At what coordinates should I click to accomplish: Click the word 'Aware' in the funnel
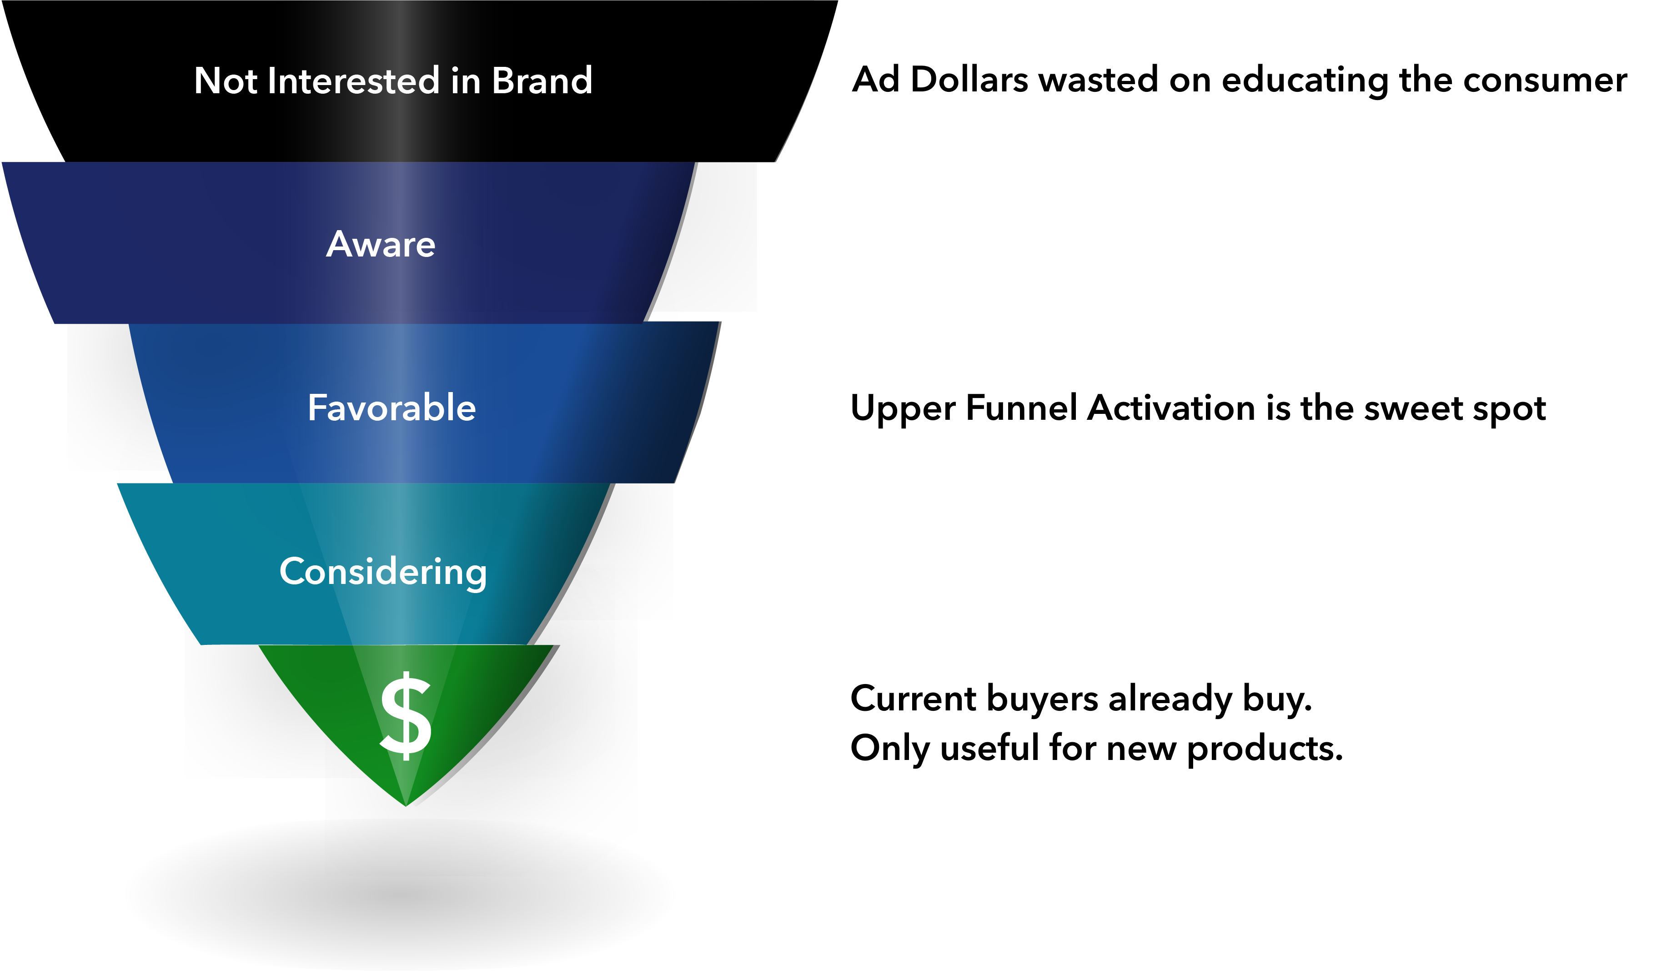[381, 244]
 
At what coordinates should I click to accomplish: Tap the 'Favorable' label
[392, 408]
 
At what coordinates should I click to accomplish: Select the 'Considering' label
[383, 572]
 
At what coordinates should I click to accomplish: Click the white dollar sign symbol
[406, 716]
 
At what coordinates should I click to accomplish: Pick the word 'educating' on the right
[1304, 80]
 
